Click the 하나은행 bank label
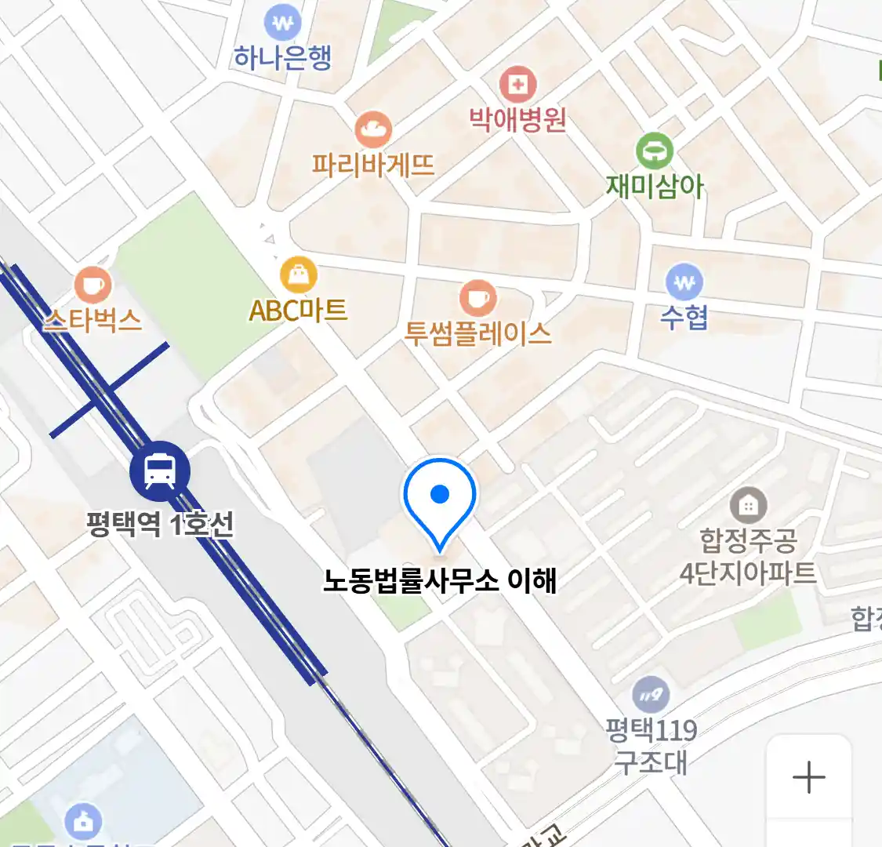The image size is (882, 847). pos(283,57)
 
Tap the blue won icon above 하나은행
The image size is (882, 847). pos(282,24)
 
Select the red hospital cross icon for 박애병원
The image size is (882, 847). pos(517,84)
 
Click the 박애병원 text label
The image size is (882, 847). pos(517,119)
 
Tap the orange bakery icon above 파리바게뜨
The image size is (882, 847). pos(373,129)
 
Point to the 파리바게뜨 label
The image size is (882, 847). pos(373,165)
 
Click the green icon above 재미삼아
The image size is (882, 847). pos(655,151)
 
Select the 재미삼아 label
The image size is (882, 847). pos(655,187)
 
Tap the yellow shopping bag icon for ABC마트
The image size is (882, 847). pos(299,274)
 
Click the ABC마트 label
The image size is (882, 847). pos(298,311)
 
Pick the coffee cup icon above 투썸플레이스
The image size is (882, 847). pos(477,298)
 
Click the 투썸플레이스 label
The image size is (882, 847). pos(477,333)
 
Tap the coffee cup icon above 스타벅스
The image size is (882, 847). pos(93,285)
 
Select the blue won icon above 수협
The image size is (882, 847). pos(684,282)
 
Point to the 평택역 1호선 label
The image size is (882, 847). pos(161,524)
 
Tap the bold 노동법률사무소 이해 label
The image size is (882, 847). pos(440,580)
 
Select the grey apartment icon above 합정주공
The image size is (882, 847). pos(748,506)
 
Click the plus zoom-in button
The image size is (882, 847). pos(809,778)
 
